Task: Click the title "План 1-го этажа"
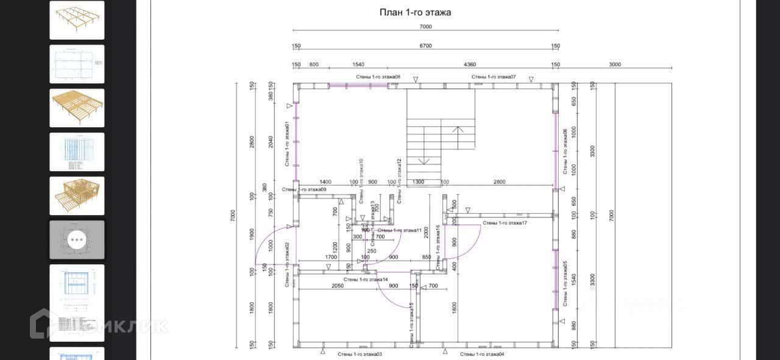[415, 12]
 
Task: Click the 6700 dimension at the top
[425, 46]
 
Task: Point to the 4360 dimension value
[470, 64]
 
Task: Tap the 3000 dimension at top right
[614, 64]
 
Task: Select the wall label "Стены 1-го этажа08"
[378, 77]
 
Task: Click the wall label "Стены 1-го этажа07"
[494, 77]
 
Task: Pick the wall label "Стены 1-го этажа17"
[505, 223]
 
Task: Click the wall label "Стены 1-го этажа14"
[366, 279]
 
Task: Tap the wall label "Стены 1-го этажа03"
[360, 354]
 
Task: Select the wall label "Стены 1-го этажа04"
[482, 354]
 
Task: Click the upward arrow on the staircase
[458, 129]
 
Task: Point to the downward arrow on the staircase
[424, 161]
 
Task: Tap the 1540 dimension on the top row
[358, 64]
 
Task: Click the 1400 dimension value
[325, 182]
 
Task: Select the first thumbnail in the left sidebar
[77, 20]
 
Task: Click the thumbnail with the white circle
[77, 239]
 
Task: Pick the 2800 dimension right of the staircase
[499, 182]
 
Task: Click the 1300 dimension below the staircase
[418, 182]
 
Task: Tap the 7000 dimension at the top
[425, 27]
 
